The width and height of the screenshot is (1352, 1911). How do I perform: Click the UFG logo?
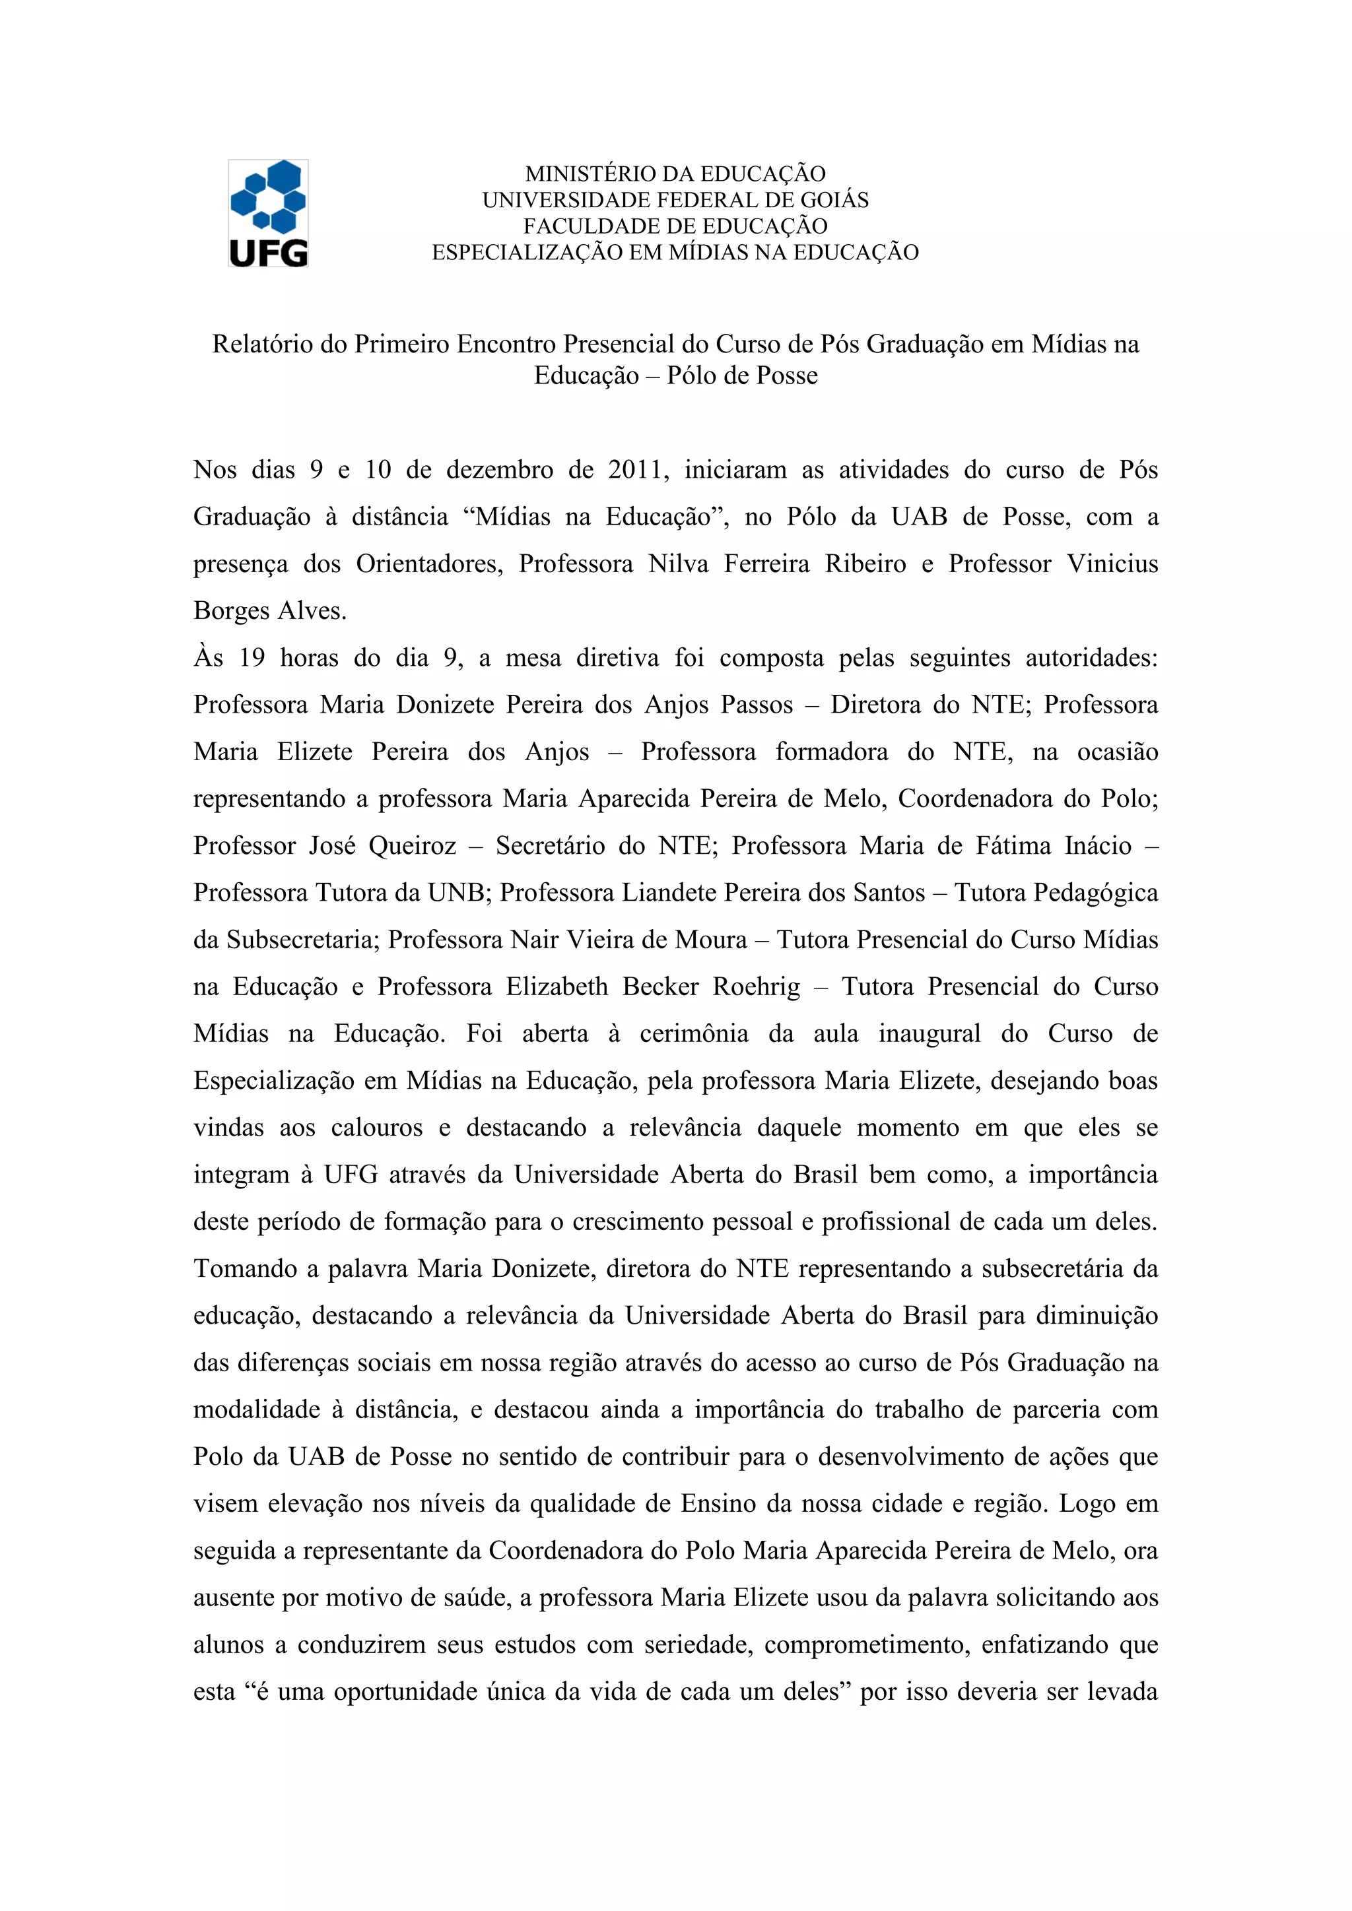[x=268, y=213]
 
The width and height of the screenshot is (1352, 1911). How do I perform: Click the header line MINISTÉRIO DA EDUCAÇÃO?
[x=675, y=174]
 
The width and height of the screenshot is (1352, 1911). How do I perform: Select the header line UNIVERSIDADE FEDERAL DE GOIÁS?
[x=675, y=200]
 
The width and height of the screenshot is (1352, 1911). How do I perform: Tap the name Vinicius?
[x=1112, y=564]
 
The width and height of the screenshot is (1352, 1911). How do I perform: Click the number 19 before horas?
[x=252, y=659]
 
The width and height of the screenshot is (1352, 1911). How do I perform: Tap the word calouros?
[x=376, y=1128]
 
